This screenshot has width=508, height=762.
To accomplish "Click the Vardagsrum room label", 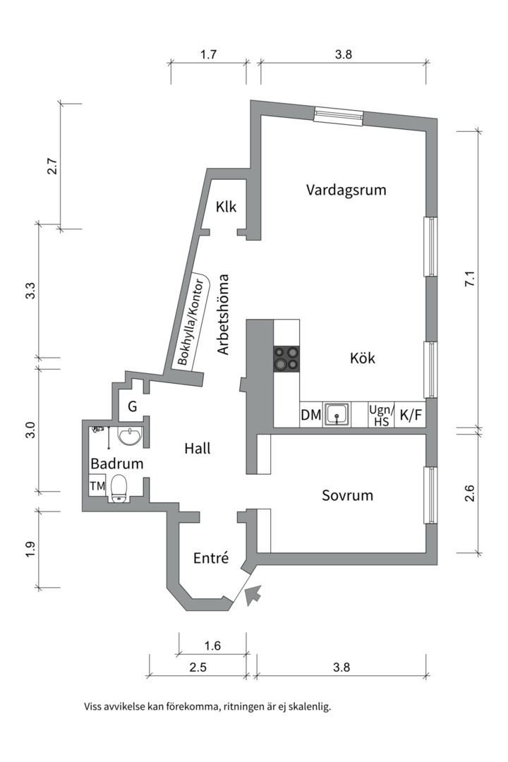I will pyautogui.click(x=346, y=190).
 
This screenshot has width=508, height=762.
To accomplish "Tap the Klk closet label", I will pyautogui.click(x=226, y=207).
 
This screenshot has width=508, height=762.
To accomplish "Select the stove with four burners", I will pyautogui.click(x=286, y=358).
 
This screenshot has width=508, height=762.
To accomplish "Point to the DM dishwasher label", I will pyautogui.click(x=310, y=416).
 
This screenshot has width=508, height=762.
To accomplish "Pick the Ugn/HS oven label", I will pyautogui.click(x=381, y=415).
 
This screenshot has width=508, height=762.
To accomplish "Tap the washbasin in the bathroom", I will pyautogui.click(x=129, y=437).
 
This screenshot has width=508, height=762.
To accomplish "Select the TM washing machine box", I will pyautogui.click(x=97, y=487).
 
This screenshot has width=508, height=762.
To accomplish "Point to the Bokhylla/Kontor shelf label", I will pyautogui.click(x=191, y=321).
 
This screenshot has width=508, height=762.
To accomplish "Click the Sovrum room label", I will pyautogui.click(x=347, y=495).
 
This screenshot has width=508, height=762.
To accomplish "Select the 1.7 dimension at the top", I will pyautogui.click(x=208, y=54).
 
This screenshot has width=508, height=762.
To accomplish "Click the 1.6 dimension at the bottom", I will pyautogui.click(x=212, y=645).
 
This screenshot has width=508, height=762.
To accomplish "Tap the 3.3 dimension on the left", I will pyautogui.click(x=30, y=291).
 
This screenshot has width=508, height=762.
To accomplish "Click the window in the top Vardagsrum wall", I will pyautogui.click(x=338, y=115).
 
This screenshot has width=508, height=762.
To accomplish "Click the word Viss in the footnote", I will pyautogui.click(x=94, y=706).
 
